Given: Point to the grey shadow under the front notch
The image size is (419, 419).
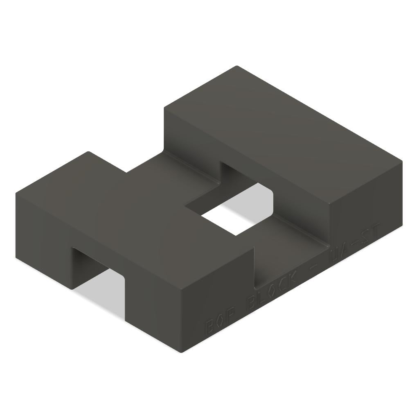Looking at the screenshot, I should [102, 295].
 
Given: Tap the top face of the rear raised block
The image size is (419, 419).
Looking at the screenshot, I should [282, 135].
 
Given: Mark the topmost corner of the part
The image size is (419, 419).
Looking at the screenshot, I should [237, 66].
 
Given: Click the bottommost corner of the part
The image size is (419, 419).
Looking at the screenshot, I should [181, 352].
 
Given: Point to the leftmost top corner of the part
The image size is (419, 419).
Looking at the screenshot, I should [16, 194].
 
